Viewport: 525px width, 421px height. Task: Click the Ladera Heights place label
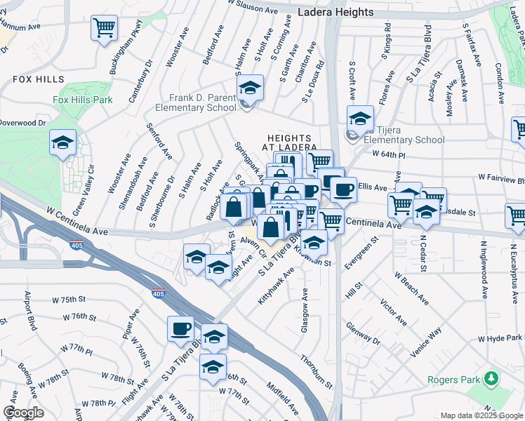point(335,12)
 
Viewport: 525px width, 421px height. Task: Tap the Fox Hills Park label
point(83,100)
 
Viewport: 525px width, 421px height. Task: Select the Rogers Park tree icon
point(491,380)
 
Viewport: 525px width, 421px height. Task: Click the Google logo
point(23,413)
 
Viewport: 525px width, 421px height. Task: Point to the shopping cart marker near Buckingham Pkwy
point(104,29)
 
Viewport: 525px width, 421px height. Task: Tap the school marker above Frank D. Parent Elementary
point(249,88)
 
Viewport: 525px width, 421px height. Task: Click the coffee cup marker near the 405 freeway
point(181,328)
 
